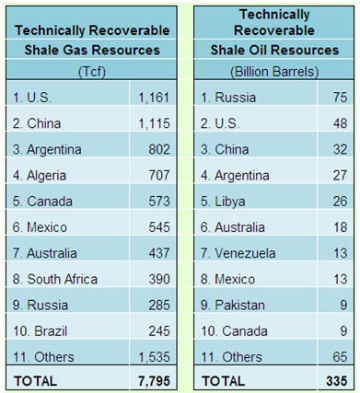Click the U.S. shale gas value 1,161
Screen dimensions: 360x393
pos(154,98)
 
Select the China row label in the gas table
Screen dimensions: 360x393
pos(37,123)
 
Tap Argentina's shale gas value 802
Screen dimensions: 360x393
pos(159,149)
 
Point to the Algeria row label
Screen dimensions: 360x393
pos(40,176)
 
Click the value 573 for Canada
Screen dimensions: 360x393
pos(159,202)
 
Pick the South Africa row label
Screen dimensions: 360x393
pos(55,279)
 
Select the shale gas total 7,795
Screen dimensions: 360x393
pos(154,381)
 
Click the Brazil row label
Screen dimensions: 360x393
pos(40,331)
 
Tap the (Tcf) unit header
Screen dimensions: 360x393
pos(92,72)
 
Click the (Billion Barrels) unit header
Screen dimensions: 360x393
pos(274,72)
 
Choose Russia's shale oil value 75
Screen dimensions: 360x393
pos(340,98)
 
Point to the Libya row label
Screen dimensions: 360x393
pos(223,202)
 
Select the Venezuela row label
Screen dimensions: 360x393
pos(238,253)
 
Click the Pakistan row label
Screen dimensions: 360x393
pos(233,306)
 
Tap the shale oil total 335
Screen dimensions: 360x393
pos(337,381)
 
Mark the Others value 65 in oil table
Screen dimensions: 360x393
pos(340,357)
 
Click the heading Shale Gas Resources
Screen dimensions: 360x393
pos(92,50)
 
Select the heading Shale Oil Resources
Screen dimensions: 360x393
pos(274,50)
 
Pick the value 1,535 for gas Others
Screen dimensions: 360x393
pos(154,357)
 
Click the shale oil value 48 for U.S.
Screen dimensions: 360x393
pos(340,123)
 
